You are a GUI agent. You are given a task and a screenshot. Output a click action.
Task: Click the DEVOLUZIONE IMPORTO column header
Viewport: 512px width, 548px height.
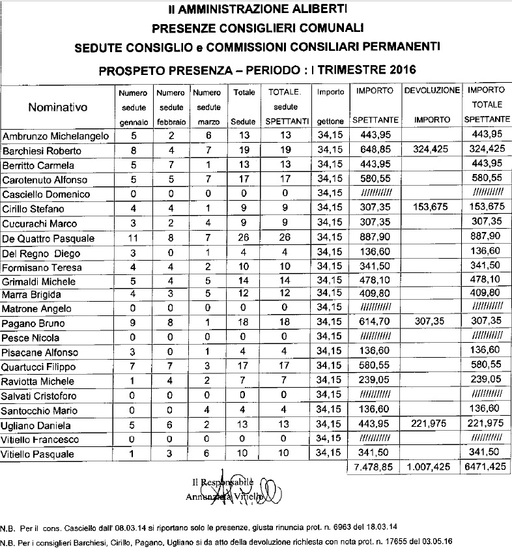point(432,105)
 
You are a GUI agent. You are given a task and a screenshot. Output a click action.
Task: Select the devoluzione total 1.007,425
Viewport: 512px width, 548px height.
point(432,469)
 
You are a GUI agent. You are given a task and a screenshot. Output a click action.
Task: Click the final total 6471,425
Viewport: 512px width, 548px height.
point(487,469)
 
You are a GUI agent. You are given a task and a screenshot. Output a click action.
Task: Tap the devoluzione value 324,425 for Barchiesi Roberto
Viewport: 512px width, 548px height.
point(432,151)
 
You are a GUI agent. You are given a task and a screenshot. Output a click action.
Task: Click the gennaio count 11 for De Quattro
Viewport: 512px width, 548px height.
point(133,238)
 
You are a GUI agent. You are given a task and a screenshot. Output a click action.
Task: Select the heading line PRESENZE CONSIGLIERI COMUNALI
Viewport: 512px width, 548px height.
point(255,28)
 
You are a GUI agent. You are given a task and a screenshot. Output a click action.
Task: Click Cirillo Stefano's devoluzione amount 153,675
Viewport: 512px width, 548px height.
point(432,209)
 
